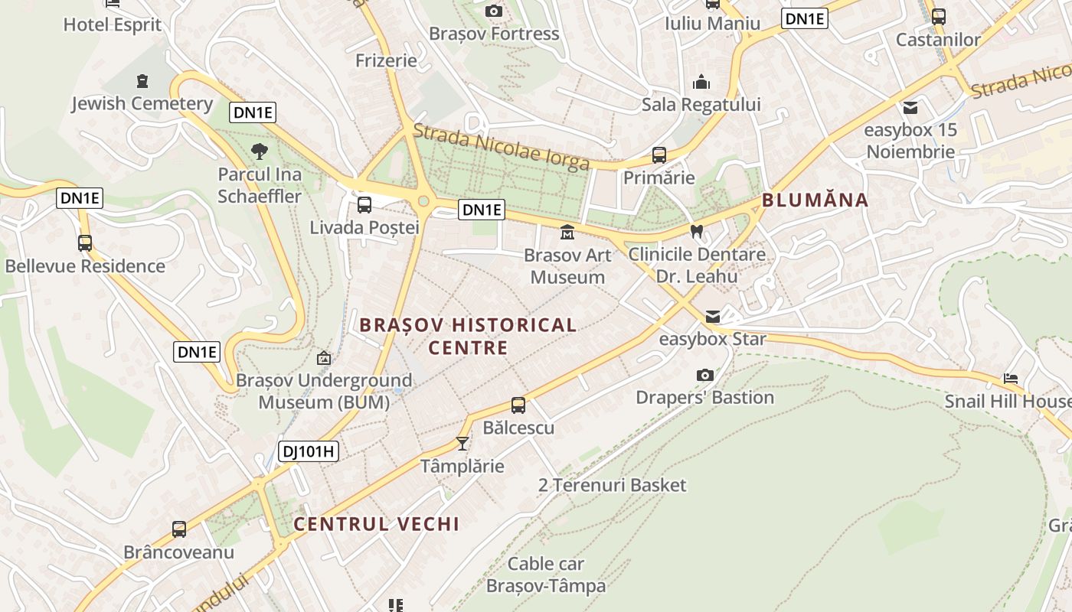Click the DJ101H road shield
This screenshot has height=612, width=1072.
[x=308, y=451]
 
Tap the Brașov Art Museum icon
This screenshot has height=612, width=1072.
[x=567, y=232]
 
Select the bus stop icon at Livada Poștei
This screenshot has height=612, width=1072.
[x=364, y=205]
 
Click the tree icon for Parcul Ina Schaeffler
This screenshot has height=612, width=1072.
[x=260, y=151]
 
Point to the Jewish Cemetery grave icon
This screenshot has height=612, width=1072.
[x=142, y=80]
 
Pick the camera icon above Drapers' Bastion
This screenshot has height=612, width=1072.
[x=704, y=375]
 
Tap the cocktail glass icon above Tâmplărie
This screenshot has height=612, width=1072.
[x=462, y=443]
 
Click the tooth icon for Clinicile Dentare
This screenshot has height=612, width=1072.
[x=696, y=230]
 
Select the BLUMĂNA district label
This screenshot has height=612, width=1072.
[x=815, y=200]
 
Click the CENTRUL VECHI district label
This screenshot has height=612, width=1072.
[x=377, y=524]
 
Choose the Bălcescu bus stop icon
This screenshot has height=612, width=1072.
[x=518, y=405]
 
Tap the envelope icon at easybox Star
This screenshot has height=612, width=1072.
[x=713, y=316]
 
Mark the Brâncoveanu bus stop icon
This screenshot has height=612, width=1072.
[x=179, y=529]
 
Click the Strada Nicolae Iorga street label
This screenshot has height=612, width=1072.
[x=501, y=146]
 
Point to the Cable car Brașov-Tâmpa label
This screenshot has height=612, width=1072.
[x=546, y=575]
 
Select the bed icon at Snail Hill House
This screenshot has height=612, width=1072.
[x=1011, y=379]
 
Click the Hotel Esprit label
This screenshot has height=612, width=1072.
[x=113, y=24]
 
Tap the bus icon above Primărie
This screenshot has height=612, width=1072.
[x=659, y=155]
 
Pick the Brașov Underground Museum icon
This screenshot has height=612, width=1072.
[x=324, y=358]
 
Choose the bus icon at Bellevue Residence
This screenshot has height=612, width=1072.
[x=84, y=243]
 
